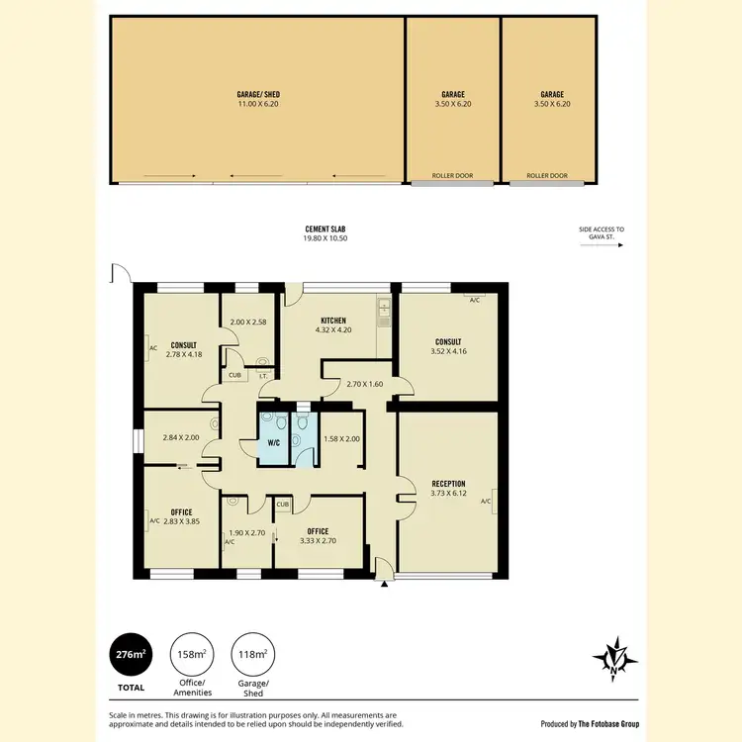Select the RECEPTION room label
[447, 484]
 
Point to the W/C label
[273, 442]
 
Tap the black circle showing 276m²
[131, 654]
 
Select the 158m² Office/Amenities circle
[190, 654]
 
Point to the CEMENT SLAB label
[325, 230]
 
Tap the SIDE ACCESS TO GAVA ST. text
[602, 233]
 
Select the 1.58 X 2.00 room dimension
[342, 438]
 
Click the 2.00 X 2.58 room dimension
[248, 323]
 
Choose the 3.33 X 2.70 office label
[317, 541]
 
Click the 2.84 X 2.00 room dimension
[180, 437]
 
